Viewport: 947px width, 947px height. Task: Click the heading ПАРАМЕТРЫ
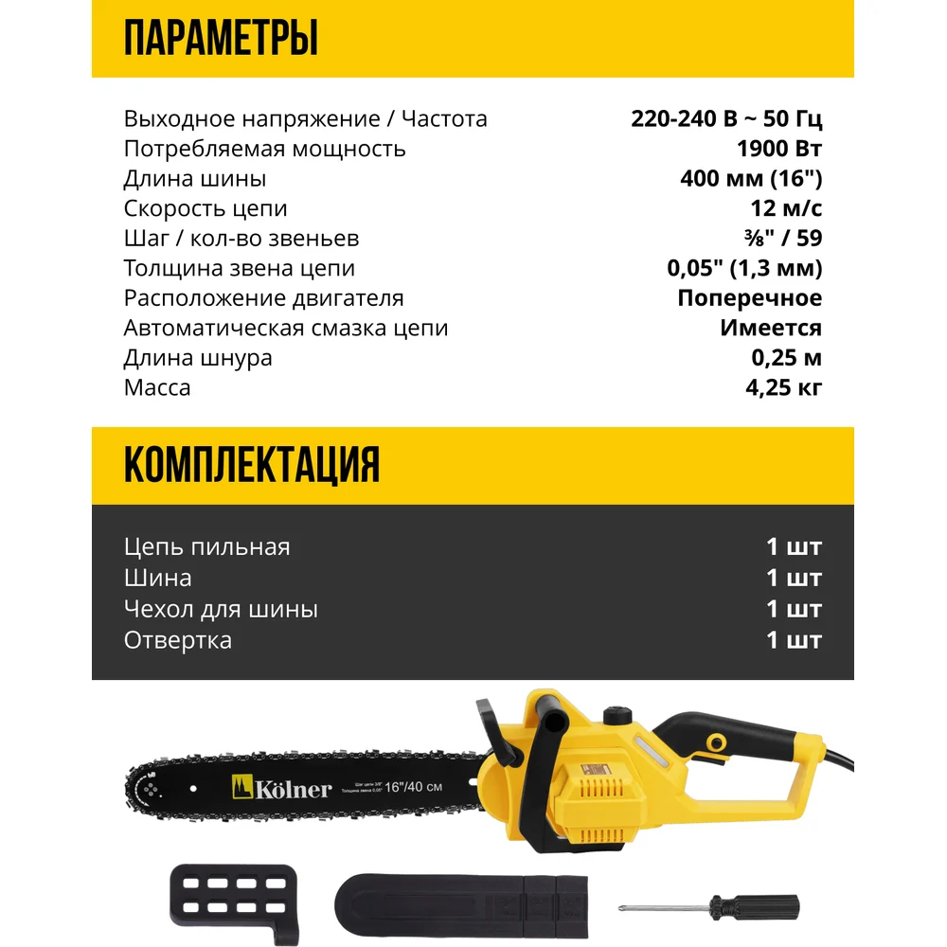pos(221,40)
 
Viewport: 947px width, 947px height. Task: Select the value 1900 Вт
pos(778,149)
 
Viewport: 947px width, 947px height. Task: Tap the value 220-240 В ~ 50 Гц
pos(726,118)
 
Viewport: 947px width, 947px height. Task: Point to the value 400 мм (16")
pos(751,178)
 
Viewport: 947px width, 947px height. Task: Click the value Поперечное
pos(749,297)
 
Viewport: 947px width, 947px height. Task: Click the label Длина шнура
pos(198,357)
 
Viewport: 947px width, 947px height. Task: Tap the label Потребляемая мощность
pos(264,149)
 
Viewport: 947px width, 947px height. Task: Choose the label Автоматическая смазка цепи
pos(286,328)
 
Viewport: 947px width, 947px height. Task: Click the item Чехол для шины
pos(221,608)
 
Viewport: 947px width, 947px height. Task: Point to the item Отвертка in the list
pos(178,639)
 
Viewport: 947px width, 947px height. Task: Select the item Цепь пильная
pos(206,546)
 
